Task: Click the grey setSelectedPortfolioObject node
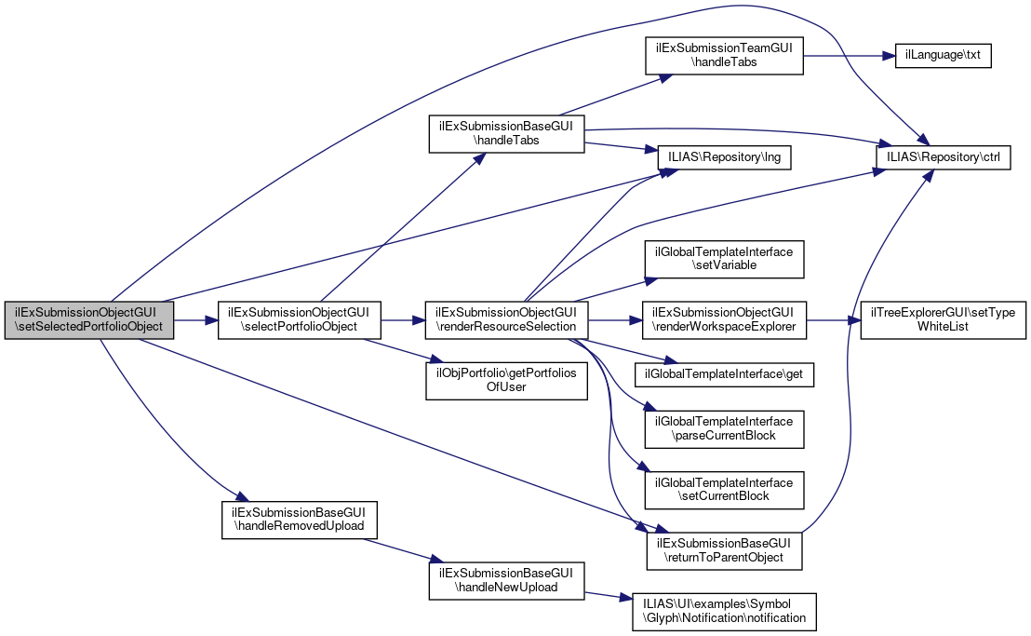(88, 319)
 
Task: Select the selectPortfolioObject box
(299, 319)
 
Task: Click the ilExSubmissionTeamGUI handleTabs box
(724, 56)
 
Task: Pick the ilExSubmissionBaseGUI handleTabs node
(506, 133)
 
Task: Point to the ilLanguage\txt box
(943, 56)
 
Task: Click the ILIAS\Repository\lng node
(725, 157)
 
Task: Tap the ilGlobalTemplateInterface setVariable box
(725, 258)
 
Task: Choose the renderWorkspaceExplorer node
(725, 319)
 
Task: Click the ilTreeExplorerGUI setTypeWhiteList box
(943, 319)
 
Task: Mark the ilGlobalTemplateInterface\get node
(725, 374)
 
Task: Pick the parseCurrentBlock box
(725, 428)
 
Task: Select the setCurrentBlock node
(725, 490)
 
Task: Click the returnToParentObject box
(725, 550)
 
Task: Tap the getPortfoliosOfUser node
(506, 381)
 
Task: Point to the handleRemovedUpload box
(299, 520)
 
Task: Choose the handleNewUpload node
(506, 581)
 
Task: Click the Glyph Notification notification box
(725, 612)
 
